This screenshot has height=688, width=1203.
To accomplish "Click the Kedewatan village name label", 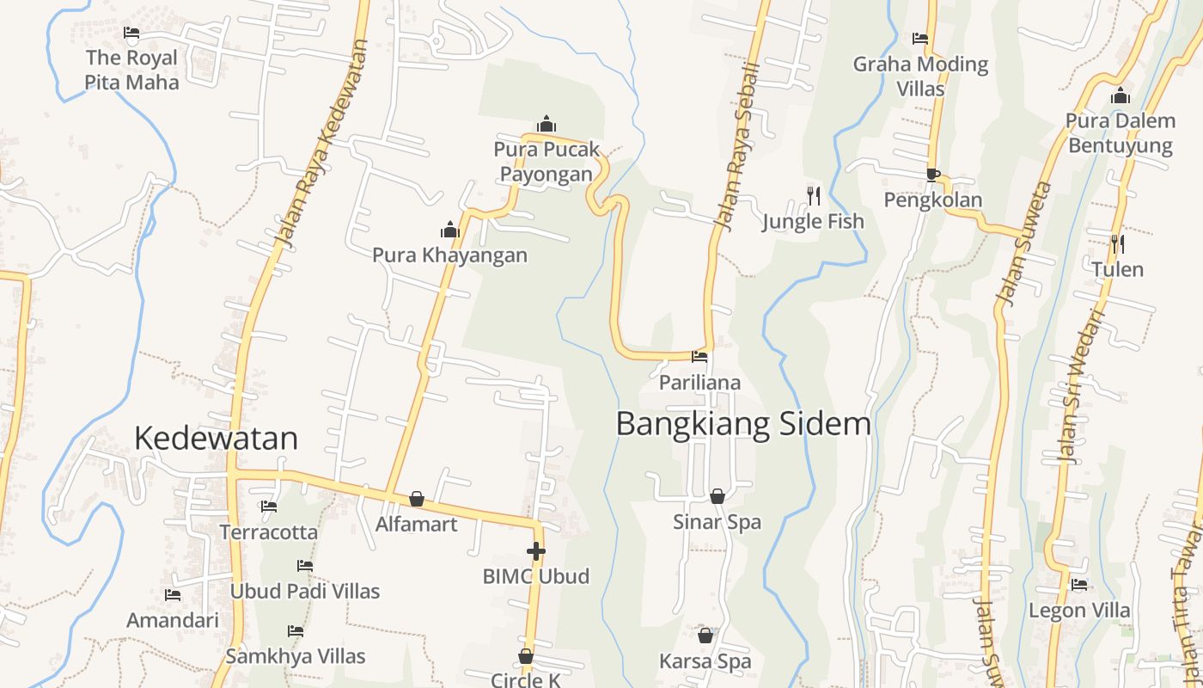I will (x=216, y=439).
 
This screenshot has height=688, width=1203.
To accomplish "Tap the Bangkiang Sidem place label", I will (x=743, y=424).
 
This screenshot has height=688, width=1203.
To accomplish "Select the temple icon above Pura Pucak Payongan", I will (x=546, y=125).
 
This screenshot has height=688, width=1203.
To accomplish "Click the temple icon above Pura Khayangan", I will (x=449, y=230).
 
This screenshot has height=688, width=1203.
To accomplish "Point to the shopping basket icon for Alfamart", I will (x=417, y=499).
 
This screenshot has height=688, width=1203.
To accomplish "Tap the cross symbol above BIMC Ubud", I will (x=536, y=551).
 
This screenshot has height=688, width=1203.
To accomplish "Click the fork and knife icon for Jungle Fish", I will (x=813, y=196).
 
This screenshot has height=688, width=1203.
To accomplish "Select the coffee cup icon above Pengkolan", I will (x=933, y=175).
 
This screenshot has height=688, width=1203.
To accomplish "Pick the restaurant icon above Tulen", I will (x=1117, y=244).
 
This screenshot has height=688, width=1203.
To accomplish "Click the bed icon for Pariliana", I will (x=699, y=356).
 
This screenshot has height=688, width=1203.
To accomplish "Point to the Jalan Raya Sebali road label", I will (x=738, y=146).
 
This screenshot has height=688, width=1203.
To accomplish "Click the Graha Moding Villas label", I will (x=920, y=77).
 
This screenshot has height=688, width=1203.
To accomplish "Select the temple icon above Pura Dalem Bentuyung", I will (x=1120, y=95).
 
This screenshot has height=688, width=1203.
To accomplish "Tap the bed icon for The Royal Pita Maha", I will (x=131, y=34).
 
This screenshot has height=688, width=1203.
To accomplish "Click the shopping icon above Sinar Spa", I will (x=717, y=496).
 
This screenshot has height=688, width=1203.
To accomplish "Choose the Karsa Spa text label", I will (x=705, y=661).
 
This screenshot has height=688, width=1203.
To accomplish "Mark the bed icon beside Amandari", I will (x=173, y=595).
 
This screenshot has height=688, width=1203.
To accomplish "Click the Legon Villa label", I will (x=1080, y=611).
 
